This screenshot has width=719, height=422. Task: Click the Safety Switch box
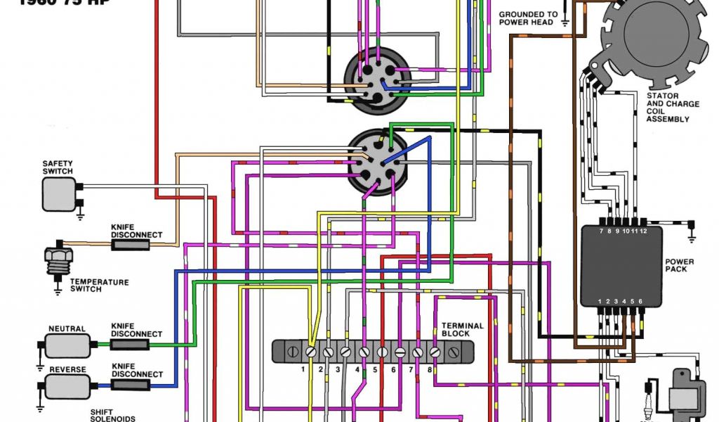tap(58, 193)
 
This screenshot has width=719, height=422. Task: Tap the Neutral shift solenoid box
tap(68, 345)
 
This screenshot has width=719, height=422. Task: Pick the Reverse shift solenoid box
tap(68, 385)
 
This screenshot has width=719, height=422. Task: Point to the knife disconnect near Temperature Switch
tap(130, 245)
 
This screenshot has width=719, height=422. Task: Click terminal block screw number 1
tap(310, 350)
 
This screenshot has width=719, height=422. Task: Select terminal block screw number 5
tap(383, 350)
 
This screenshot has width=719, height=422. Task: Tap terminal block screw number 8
tap(435, 350)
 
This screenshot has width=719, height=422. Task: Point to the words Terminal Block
tap(462, 329)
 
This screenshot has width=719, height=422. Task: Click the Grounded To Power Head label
tap(528, 18)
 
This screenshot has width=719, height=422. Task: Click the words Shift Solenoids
tap(113, 415)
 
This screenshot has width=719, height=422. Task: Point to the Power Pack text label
tap(680, 265)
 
